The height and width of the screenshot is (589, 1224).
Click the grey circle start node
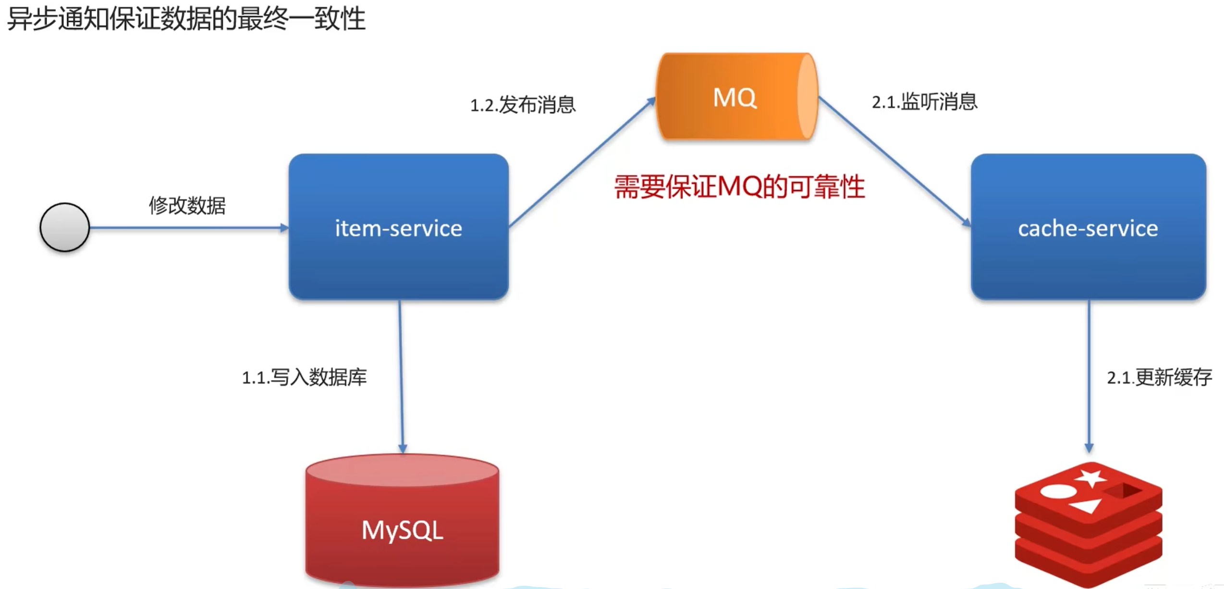(64, 227)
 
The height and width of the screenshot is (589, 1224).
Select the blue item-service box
(398, 227)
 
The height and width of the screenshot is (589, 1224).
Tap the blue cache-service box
(1088, 227)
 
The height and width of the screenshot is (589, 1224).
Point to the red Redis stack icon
(1088, 524)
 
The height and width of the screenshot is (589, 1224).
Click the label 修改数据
(187, 205)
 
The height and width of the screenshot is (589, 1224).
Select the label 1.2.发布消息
(523, 105)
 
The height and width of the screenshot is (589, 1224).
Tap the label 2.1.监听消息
(924, 101)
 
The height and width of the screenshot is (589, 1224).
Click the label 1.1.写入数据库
(304, 377)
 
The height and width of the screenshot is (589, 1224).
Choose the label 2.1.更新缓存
(1159, 377)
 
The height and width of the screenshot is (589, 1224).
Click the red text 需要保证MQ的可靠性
(739, 187)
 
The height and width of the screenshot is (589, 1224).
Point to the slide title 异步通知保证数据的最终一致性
(186, 19)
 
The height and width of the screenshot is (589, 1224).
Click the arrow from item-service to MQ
(581, 162)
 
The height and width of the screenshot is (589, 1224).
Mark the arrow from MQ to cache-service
(894, 160)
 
